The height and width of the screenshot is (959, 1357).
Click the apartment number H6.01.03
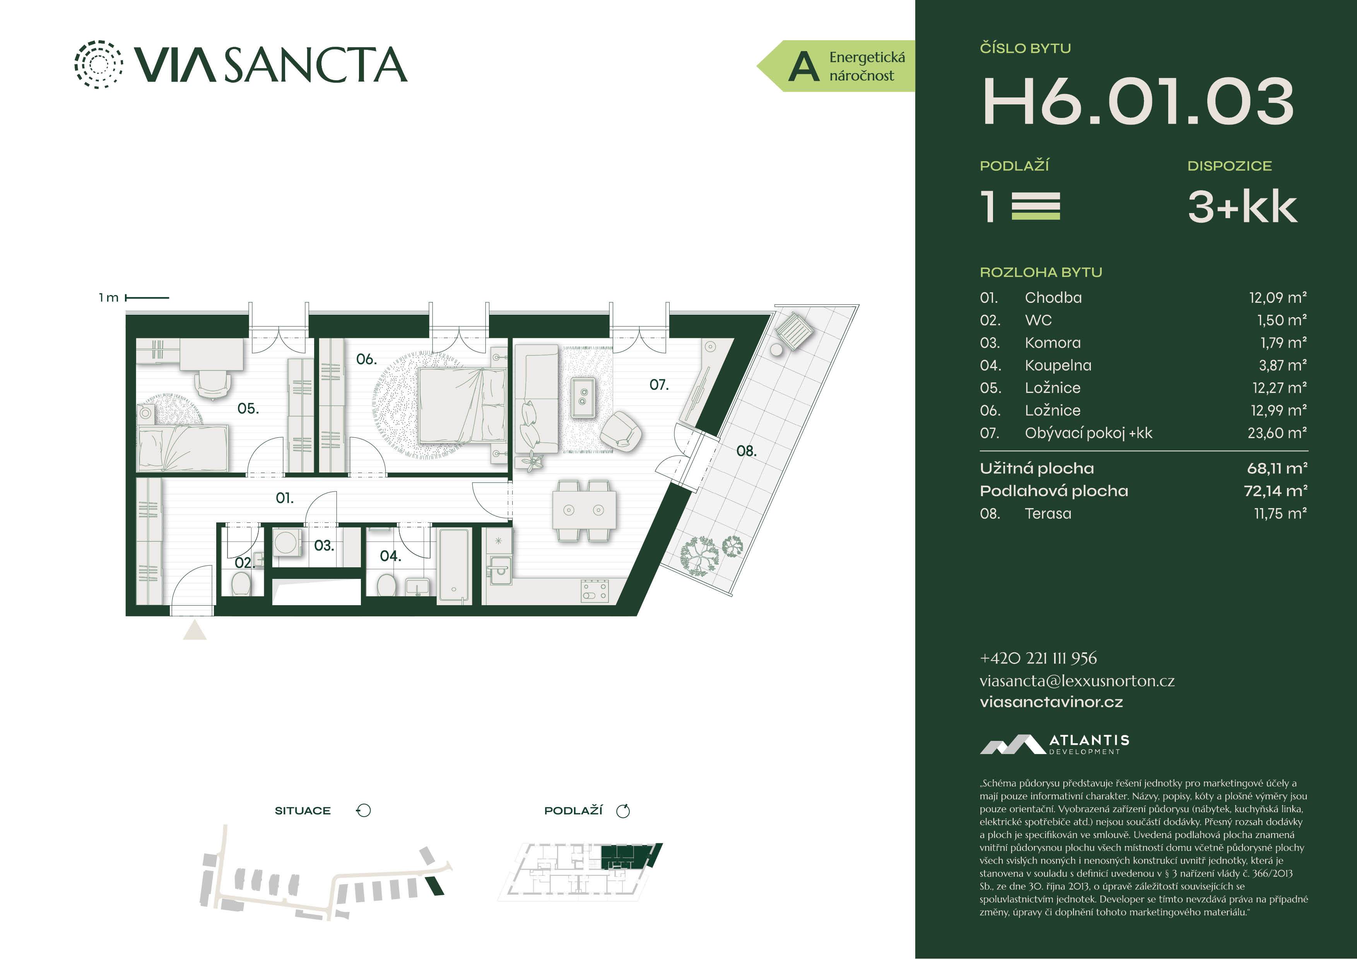click(1138, 102)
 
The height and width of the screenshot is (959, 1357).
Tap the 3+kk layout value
click(1242, 207)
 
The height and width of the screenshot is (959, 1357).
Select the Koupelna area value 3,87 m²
click(1282, 365)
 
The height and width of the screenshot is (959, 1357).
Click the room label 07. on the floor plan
click(659, 385)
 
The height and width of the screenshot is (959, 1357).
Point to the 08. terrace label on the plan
click(746, 451)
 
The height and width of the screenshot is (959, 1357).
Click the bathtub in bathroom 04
click(455, 566)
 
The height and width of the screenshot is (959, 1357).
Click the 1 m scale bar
click(147, 298)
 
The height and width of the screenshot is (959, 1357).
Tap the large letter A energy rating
click(804, 67)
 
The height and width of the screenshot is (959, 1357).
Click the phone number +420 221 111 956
click(1038, 658)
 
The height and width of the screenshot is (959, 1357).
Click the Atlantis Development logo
click(1054, 744)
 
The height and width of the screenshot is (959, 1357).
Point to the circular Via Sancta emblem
click(99, 65)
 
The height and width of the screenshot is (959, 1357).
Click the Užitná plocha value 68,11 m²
click(1277, 469)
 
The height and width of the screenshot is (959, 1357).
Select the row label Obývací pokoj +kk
click(1088, 433)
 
